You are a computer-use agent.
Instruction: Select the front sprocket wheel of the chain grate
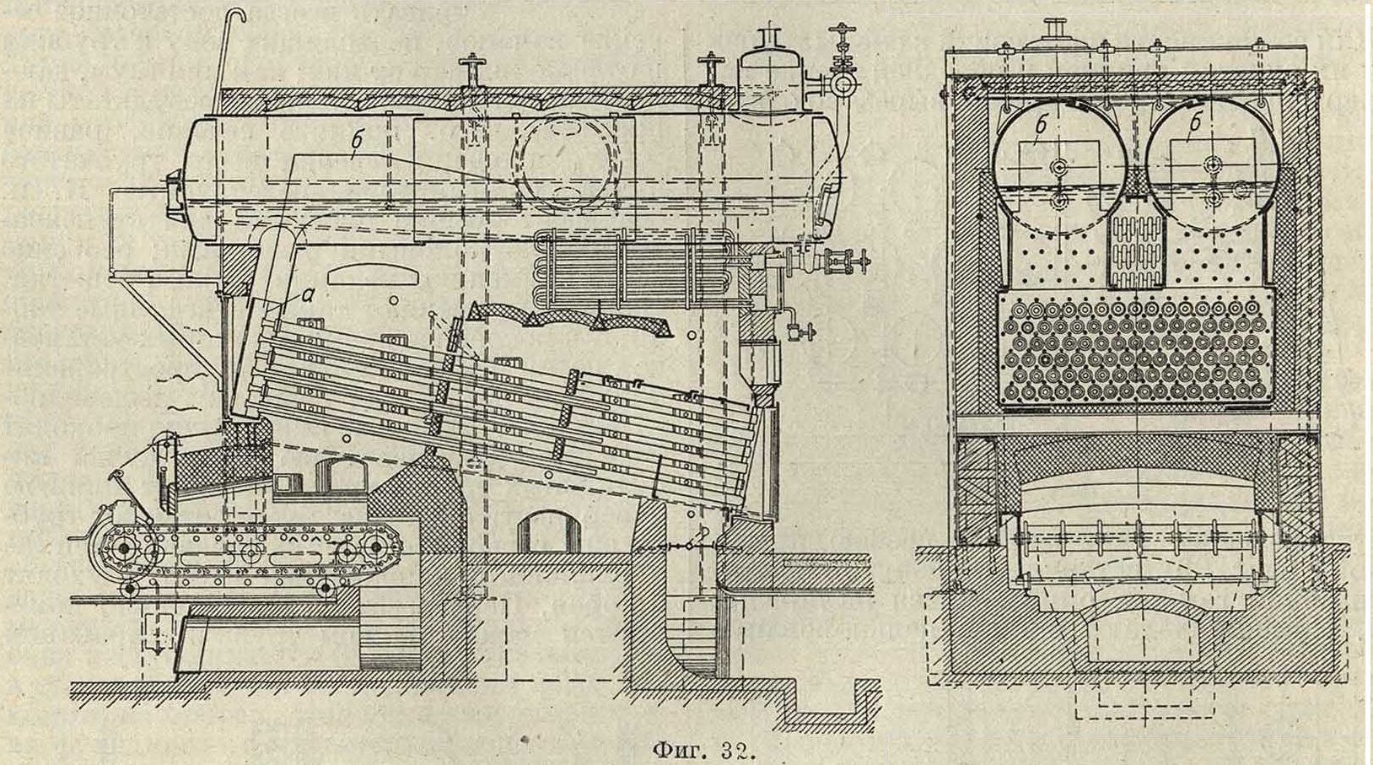click(x=124, y=549)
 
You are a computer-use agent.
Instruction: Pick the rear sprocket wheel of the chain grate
click(x=347, y=552)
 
